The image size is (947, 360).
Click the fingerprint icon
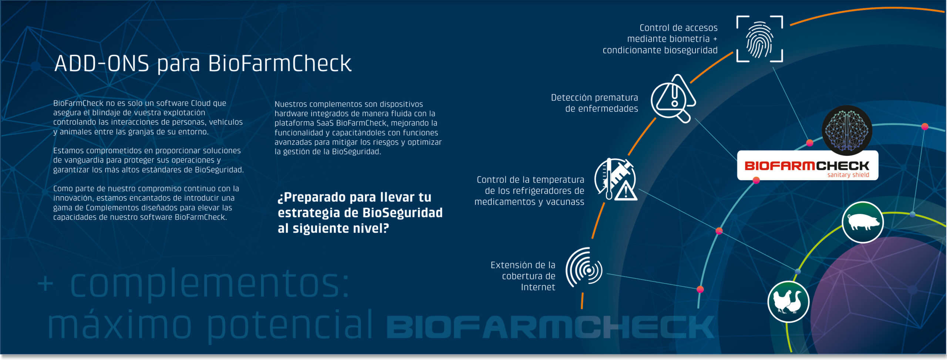point(759,39)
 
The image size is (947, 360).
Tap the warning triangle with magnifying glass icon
point(673,99)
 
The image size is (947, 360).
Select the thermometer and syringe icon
point(616,179)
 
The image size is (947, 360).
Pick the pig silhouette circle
point(863,222)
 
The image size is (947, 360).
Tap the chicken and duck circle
point(788,302)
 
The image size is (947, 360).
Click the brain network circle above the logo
point(847,130)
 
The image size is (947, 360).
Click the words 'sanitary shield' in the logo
point(848,175)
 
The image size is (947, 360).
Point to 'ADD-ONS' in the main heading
point(102,63)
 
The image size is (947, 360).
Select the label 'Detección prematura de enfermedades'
point(594,103)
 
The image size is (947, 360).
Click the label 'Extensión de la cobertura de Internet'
point(523,276)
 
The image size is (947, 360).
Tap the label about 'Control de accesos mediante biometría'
point(660,39)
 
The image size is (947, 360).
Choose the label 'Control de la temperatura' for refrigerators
point(529,191)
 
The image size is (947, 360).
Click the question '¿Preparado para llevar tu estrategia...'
point(360,213)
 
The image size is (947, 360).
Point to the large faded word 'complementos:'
point(209,284)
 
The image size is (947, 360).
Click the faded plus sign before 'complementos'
point(45,284)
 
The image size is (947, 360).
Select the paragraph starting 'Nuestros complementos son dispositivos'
point(358,128)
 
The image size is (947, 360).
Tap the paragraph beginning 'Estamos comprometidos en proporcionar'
point(148,160)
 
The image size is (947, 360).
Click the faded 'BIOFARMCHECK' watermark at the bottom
point(550,327)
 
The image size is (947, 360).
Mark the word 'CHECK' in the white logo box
point(842,166)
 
